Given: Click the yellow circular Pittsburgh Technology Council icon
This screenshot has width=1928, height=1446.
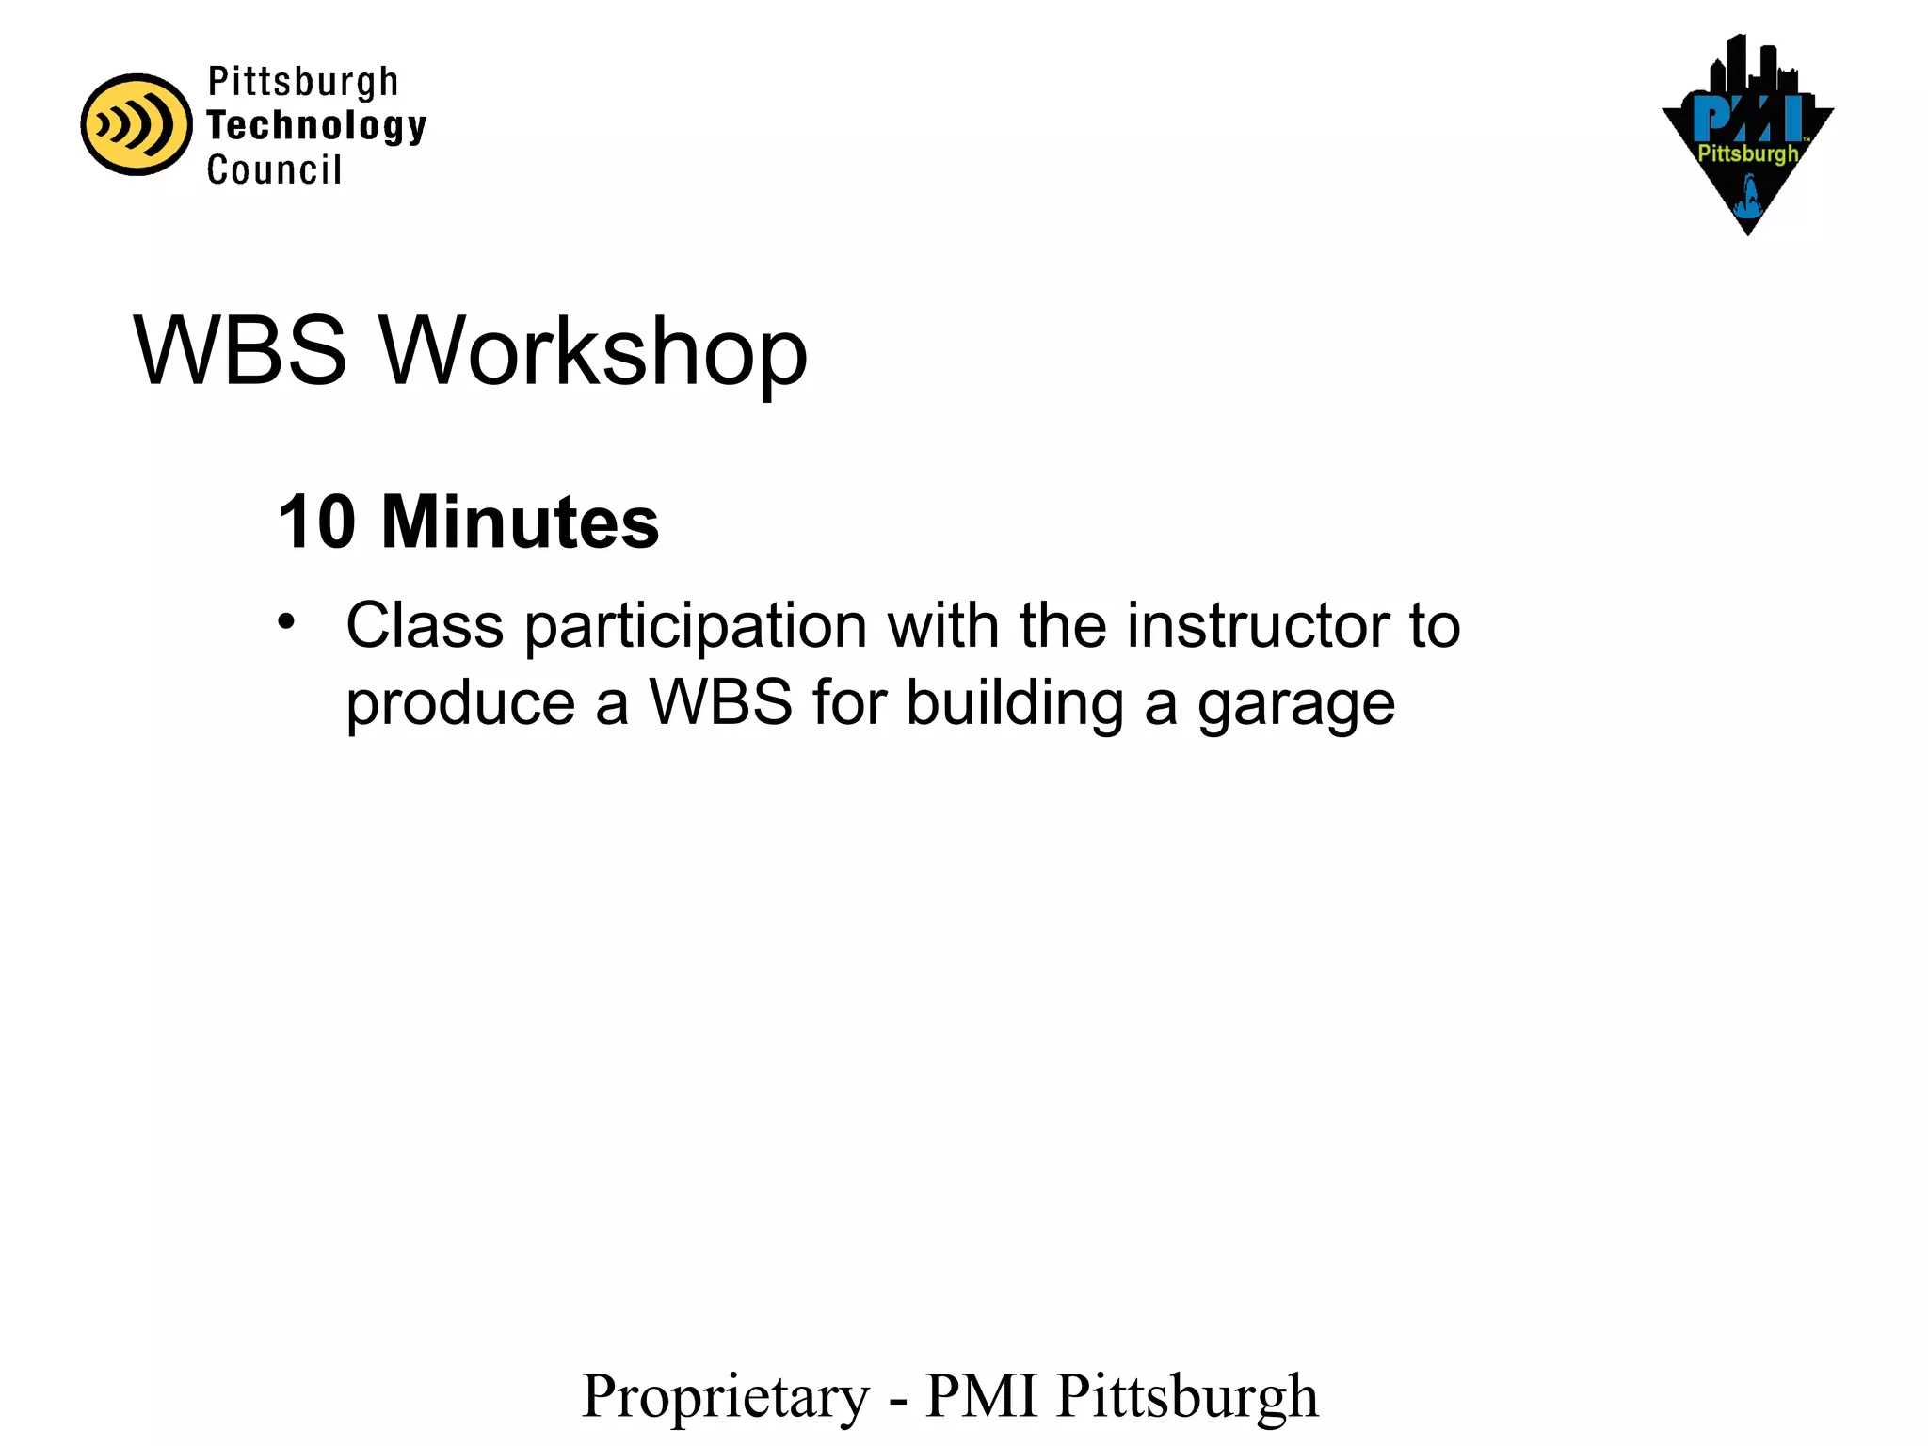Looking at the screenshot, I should pyautogui.click(x=136, y=124).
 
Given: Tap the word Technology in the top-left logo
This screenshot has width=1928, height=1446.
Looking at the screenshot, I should pyautogui.click(x=316, y=126).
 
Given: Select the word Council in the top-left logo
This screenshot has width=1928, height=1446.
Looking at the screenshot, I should pyautogui.click(x=274, y=170).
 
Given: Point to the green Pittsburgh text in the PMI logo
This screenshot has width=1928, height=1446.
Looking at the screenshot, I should pyautogui.click(x=1747, y=153).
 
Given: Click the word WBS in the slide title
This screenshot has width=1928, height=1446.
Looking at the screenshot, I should pyautogui.click(x=240, y=351).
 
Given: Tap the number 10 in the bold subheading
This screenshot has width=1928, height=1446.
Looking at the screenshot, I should pyautogui.click(x=317, y=522).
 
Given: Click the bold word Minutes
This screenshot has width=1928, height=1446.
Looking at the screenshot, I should pyautogui.click(x=520, y=522).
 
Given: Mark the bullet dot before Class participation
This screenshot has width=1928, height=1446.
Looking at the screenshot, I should pyautogui.click(x=286, y=622).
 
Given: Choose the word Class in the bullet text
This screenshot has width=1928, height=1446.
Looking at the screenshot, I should pyautogui.click(x=425, y=626).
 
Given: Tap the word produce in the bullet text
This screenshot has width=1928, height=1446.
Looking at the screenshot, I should pyautogui.click(x=460, y=705).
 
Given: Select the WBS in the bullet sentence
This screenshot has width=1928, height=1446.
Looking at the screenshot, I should pyautogui.click(x=721, y=703).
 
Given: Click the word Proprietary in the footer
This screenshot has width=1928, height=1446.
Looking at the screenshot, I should pyautogui.click(x=726, y=1397).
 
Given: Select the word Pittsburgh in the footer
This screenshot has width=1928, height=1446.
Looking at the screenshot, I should pyautogui.click(x=1187, y=1397).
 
